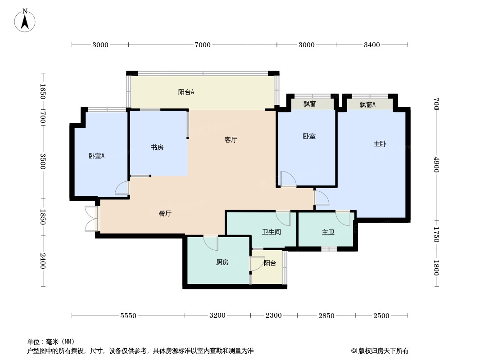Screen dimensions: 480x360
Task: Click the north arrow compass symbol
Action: coord(25,20)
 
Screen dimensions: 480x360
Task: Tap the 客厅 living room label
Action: coord(231,140)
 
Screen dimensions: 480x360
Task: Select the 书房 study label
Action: coord(157,148)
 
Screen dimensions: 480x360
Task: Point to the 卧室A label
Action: coord(96,156)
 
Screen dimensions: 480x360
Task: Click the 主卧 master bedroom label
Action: coord(380,144)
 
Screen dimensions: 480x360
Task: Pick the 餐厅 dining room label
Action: coord(165,213)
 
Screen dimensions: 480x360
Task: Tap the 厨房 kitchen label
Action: coord(222,262)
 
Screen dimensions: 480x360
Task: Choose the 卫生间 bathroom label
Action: coord(271,232)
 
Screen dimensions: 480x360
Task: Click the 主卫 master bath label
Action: coord(328,233)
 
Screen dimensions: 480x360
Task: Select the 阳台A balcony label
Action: coord(186,92)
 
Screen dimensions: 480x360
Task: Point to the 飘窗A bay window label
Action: coord(367,104)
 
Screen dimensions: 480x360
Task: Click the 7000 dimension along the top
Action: coord(203,45)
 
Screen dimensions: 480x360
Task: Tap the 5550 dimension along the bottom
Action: coord(128,315)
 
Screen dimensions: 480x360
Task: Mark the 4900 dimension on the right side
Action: coord(436,165)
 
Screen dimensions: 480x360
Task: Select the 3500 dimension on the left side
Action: coord(42,161)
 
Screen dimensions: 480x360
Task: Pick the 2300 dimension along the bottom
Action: coord(274,315)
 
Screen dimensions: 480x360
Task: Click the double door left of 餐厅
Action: coord(91,219)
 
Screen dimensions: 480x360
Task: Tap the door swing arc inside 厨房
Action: coord(211,243)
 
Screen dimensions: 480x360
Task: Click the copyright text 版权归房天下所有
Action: coord(383,351)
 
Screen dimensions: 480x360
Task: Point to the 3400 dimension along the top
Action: coord(372,45)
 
